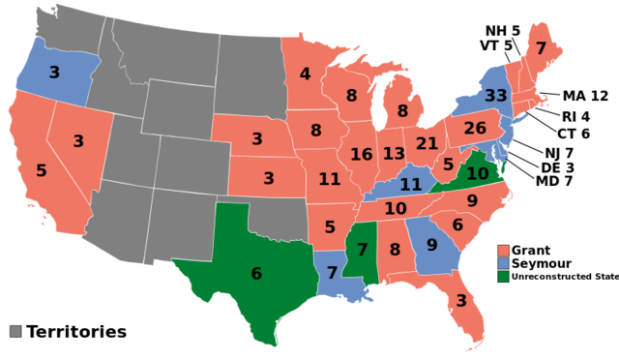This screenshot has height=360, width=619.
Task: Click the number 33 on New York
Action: coord(495,96)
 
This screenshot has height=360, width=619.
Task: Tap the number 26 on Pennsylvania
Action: coord(475,129)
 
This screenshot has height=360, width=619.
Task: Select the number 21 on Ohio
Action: coord(427,144)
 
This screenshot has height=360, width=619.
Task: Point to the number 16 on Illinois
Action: coord(361,155)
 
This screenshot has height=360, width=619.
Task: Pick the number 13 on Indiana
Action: coord(394,155)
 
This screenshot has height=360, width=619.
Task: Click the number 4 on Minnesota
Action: coord(305,75)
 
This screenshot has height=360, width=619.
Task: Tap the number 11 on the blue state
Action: coord(411,185)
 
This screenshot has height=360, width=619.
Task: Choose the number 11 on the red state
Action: coord(330,179)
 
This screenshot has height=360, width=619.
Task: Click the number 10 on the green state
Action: coord(478,174)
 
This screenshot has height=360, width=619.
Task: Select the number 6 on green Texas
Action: coord(256,274)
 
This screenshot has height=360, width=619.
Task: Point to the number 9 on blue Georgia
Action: coord(432,246)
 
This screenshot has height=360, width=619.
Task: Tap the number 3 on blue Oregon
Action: coord(54,73)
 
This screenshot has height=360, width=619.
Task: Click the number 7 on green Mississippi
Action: coord(363,250)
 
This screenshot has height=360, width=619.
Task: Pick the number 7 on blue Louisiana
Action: coord(332,273)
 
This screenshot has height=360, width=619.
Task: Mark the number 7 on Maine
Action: coord(541,48)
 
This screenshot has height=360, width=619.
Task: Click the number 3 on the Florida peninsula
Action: coord(461,301)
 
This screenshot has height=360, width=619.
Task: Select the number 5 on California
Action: coord(42,171)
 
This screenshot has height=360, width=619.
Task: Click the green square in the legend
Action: coord(503,276)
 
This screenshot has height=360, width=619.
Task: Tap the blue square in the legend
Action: coord(503,263)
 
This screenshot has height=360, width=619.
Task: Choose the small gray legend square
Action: coord(15,331)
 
